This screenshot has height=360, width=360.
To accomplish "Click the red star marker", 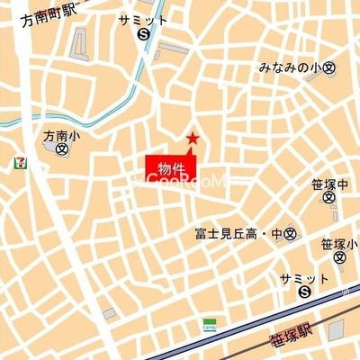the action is [192, 139].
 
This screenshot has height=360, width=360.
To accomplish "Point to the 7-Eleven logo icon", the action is [18, 162].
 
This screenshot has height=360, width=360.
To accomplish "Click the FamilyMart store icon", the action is [209, 323].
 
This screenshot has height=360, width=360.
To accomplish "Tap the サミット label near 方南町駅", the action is [143, 20].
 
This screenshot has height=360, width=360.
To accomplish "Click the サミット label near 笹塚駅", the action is [303, 277].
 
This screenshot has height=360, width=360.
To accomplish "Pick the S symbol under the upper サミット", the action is [144, 35].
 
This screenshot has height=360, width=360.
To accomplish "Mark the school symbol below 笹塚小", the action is [338, 258].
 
